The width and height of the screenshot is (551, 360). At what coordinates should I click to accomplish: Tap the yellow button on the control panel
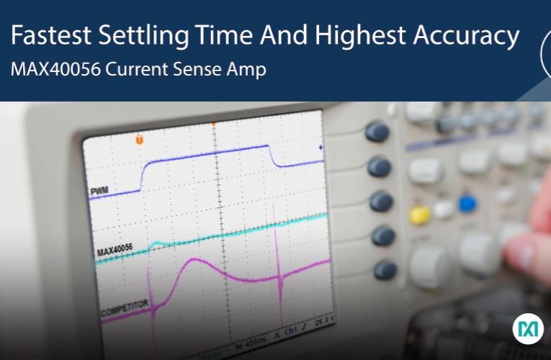click(x=419, y=214)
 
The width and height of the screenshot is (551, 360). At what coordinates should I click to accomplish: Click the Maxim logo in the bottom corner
click(x=528, y=329)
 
